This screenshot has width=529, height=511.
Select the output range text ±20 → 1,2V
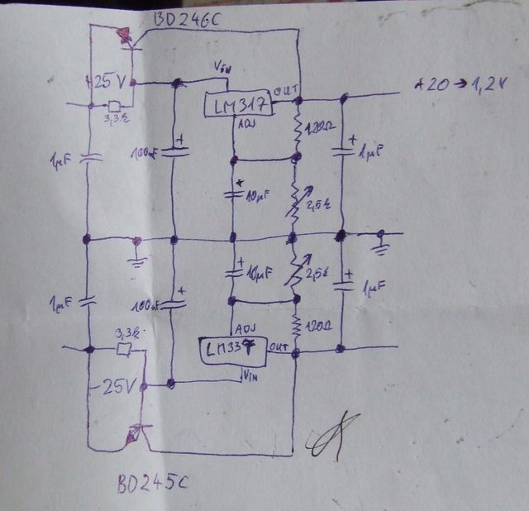pos(463,85)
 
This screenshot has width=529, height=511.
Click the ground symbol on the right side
pos(381,243)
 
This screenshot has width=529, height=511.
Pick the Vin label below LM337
pos(250,376)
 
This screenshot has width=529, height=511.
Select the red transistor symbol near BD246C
pos(125,36)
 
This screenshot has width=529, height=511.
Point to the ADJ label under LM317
pos(246,126)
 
